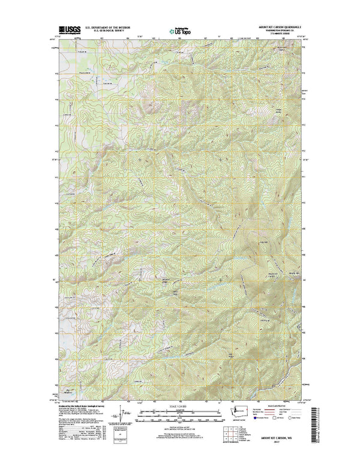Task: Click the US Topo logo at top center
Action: [179, 29]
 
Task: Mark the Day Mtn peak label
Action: [262, 242]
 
